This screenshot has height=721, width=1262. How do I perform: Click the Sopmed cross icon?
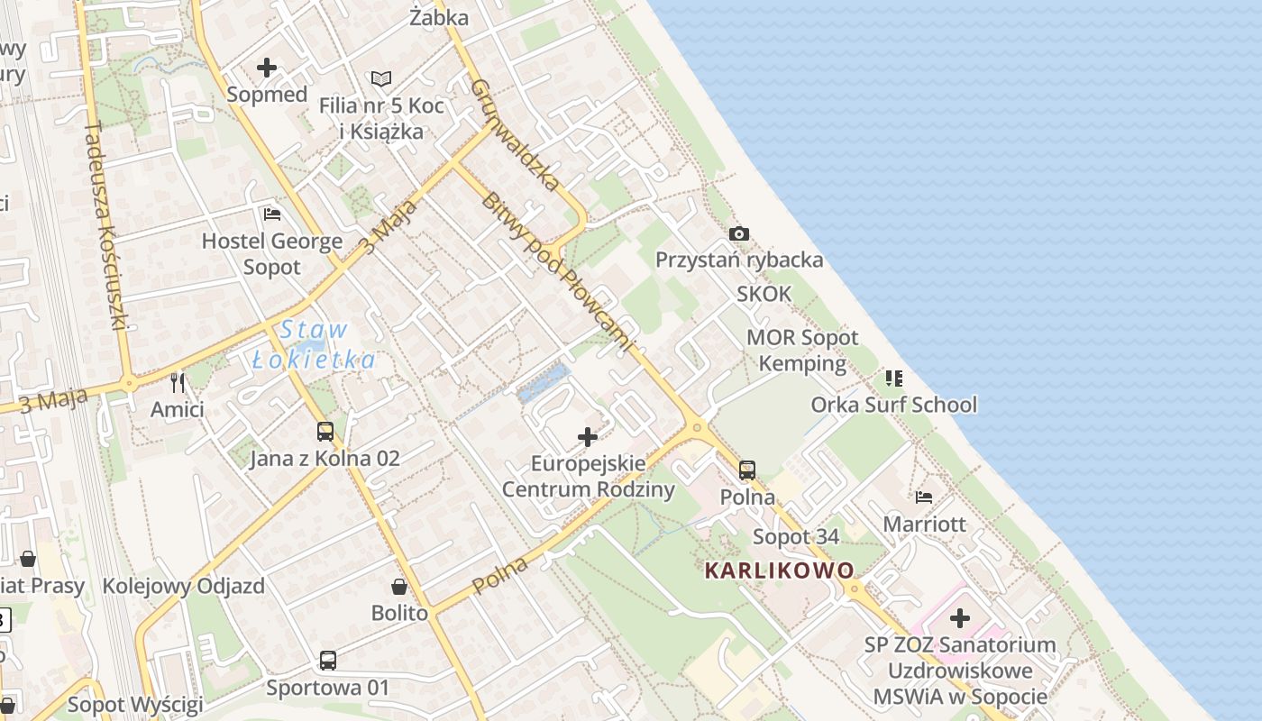267,68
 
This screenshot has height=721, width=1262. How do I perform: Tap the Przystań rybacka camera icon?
739,234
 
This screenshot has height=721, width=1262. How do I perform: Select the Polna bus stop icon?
747,470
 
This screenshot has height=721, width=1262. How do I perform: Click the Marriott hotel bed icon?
924,497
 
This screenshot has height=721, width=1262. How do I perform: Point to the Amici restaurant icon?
178,383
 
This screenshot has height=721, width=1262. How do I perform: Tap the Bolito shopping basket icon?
399,587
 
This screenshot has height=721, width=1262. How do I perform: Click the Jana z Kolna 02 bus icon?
325,432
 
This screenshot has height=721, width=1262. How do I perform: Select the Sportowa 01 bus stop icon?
328,661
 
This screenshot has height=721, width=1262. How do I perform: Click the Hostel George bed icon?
272,214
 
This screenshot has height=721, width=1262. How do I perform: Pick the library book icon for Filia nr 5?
381,79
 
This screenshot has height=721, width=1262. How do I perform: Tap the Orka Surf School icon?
893,378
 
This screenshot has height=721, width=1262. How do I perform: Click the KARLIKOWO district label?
779,570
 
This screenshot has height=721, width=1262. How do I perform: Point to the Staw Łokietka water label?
313,345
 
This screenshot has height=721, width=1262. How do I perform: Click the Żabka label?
439,17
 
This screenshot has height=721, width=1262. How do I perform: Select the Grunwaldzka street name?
516,135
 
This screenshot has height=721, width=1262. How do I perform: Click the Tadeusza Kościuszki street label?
106,225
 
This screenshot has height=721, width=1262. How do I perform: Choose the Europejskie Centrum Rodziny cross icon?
588,437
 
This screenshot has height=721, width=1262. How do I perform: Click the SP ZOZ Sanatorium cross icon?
960,618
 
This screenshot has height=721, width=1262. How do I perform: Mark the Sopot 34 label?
796,537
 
